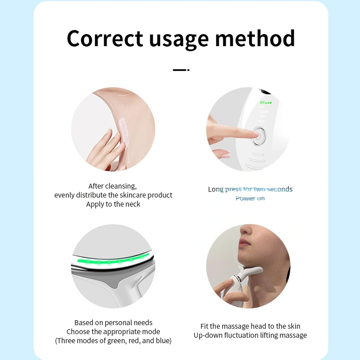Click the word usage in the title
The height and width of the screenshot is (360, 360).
point(179,38)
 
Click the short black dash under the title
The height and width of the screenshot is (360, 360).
point(180,70)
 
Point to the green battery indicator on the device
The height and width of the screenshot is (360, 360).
point(265,102)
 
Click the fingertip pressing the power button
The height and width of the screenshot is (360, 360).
point(256,136)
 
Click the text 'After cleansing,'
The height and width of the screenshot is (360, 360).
point(113,186)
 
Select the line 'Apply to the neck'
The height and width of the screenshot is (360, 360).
point(113,204)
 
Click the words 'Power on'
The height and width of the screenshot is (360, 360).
point(250,198)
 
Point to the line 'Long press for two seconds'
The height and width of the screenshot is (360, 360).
point(250,189)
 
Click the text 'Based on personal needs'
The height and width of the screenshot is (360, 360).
point(113,323)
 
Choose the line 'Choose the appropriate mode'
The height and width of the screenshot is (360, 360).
point(113,332)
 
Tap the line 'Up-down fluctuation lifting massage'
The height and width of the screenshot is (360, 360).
point(250,335)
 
